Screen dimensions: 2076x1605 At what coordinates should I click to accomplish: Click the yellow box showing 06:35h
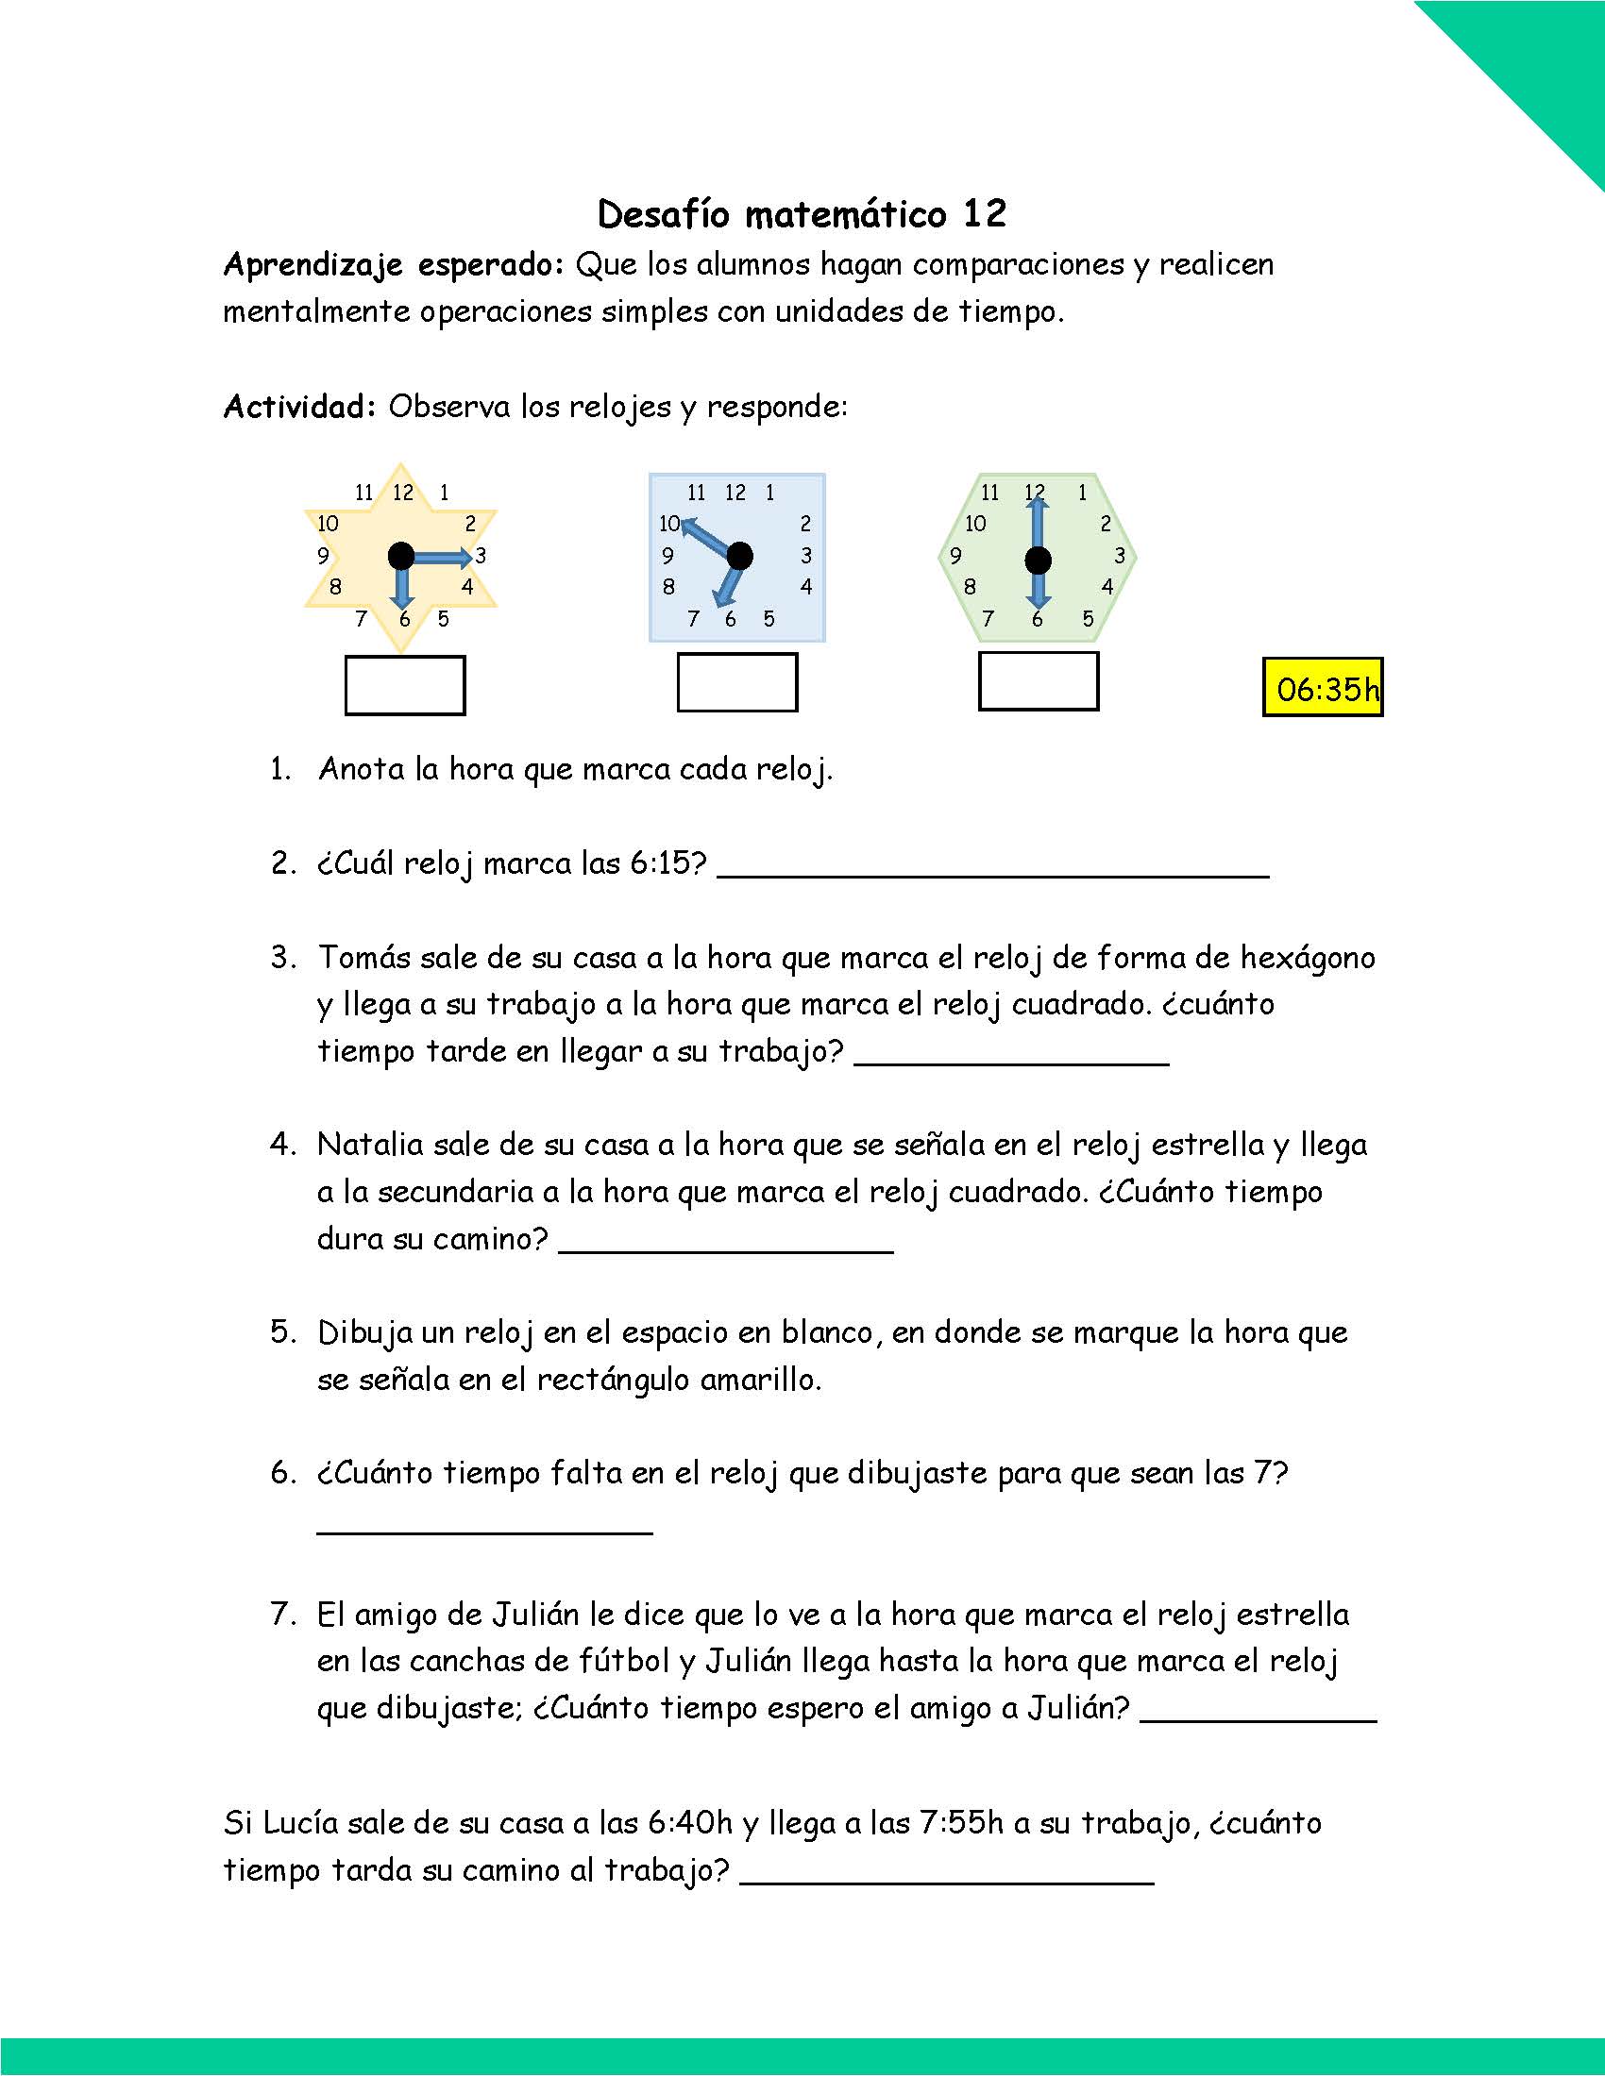click(x=1323, y=687)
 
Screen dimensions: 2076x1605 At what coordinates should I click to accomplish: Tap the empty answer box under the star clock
click(x=405, y=685)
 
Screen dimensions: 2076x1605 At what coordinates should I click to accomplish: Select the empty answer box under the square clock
click(x=737, y=682)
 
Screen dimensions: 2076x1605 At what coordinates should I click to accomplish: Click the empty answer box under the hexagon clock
click(x=1039, y=681)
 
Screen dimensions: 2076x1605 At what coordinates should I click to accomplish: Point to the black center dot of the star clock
click(x=401, y=556)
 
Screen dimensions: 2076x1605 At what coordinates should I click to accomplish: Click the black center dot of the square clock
click(x=739, y=556)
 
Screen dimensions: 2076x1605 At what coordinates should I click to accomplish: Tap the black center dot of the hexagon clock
click(x=1039, y=561)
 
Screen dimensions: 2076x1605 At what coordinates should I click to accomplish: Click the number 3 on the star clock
click(x=481, y=556)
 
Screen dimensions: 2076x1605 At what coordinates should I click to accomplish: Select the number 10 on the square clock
click(x=669, y=524)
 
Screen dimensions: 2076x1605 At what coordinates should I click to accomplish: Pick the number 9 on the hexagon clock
click(x=955, y=556)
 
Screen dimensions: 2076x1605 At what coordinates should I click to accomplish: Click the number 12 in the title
click(x=984, y=214)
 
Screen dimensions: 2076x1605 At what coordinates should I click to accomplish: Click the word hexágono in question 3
click(x=1308, y=957)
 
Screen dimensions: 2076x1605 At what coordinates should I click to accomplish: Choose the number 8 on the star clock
click(x=336, y=588)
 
